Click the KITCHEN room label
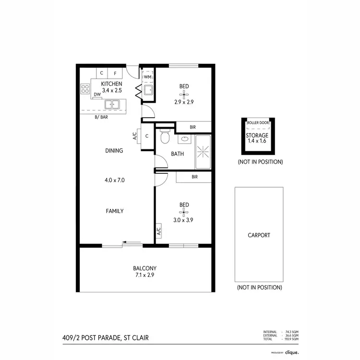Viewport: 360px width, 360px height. click(x=108, y=84)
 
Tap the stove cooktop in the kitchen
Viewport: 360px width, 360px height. click(x=85, y=88)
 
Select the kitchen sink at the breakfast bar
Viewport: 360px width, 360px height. click(x=113, y=104)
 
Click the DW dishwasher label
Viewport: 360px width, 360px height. click(x=97, y=95)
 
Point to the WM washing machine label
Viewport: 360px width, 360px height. click(x=147, y=77)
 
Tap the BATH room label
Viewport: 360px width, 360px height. click(x=177, y=154)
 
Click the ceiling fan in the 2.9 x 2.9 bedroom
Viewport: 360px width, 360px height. click(x=184, y=94)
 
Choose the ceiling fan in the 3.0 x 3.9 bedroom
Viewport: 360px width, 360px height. click(x=184, y=213)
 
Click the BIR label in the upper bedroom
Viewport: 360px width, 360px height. click(x=193, y=127)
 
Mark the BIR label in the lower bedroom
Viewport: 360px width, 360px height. click(x=194, y=177)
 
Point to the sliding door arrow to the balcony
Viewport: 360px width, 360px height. click(x=127, y=242)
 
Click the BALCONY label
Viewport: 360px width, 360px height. click(x=144, y=268)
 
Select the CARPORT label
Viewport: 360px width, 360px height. click(x=259, y=235)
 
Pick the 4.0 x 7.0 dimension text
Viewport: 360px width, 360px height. click(x=115, y=180)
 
